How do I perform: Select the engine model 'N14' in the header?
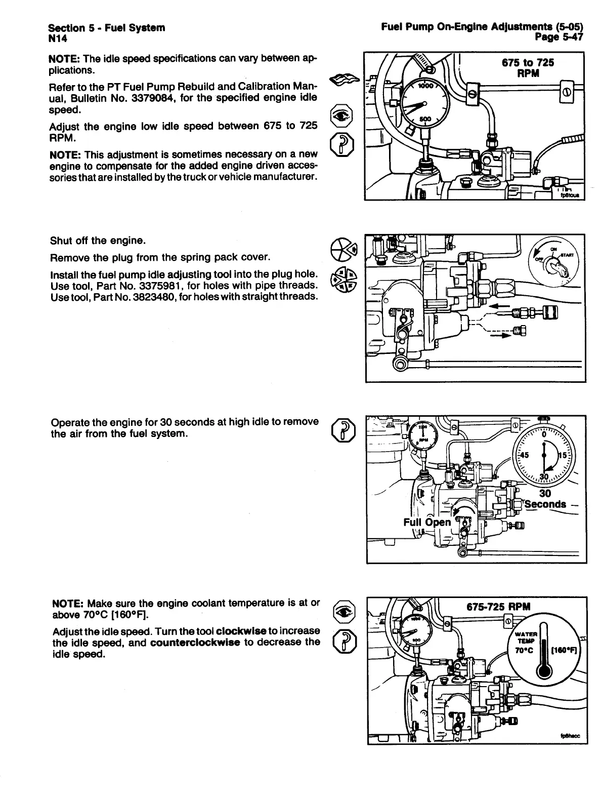tap(58, 38)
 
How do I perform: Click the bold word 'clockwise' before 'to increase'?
tap(241, 631)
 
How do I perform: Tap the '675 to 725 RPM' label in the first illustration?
tap(528, 67)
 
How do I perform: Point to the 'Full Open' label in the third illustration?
tap(426, 522)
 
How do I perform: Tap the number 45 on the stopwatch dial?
tap(522, 455)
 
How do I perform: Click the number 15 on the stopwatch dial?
tap(563, 455)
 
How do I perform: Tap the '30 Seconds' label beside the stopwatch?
tap(545, 499)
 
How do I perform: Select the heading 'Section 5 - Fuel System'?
tap(106, 27)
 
